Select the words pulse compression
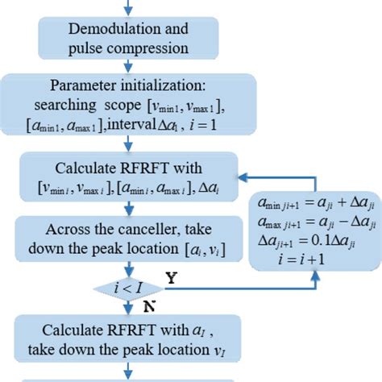[129, 47]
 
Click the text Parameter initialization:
[129, 85]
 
